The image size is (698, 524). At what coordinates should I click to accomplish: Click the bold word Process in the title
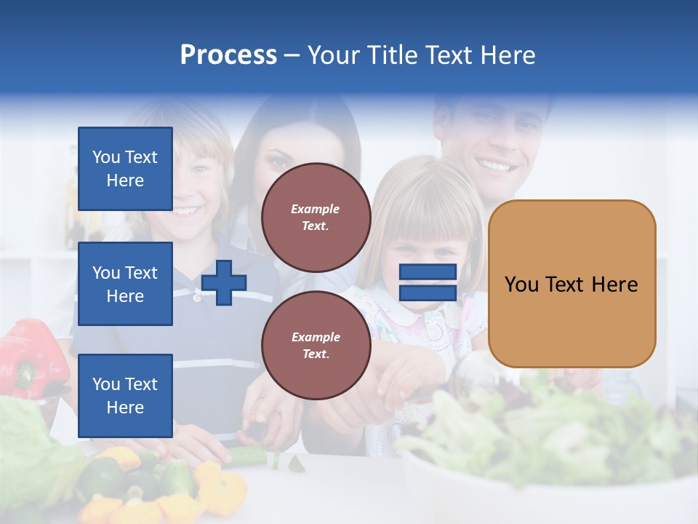pos(228,55)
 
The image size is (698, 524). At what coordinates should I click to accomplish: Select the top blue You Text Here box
pos(125,169)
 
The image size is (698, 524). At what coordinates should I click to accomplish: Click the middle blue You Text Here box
pos(125,284)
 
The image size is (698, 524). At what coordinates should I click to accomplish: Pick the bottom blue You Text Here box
pos(125,396)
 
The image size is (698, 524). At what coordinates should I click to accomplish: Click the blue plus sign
pos(224,282)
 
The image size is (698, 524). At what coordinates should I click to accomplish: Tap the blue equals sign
pos(428,282)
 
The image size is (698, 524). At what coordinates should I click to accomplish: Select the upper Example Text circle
pos(316,218)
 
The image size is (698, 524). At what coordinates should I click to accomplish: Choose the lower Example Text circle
pos(316,346)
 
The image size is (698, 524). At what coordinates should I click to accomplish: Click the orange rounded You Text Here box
pos(571,284)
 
